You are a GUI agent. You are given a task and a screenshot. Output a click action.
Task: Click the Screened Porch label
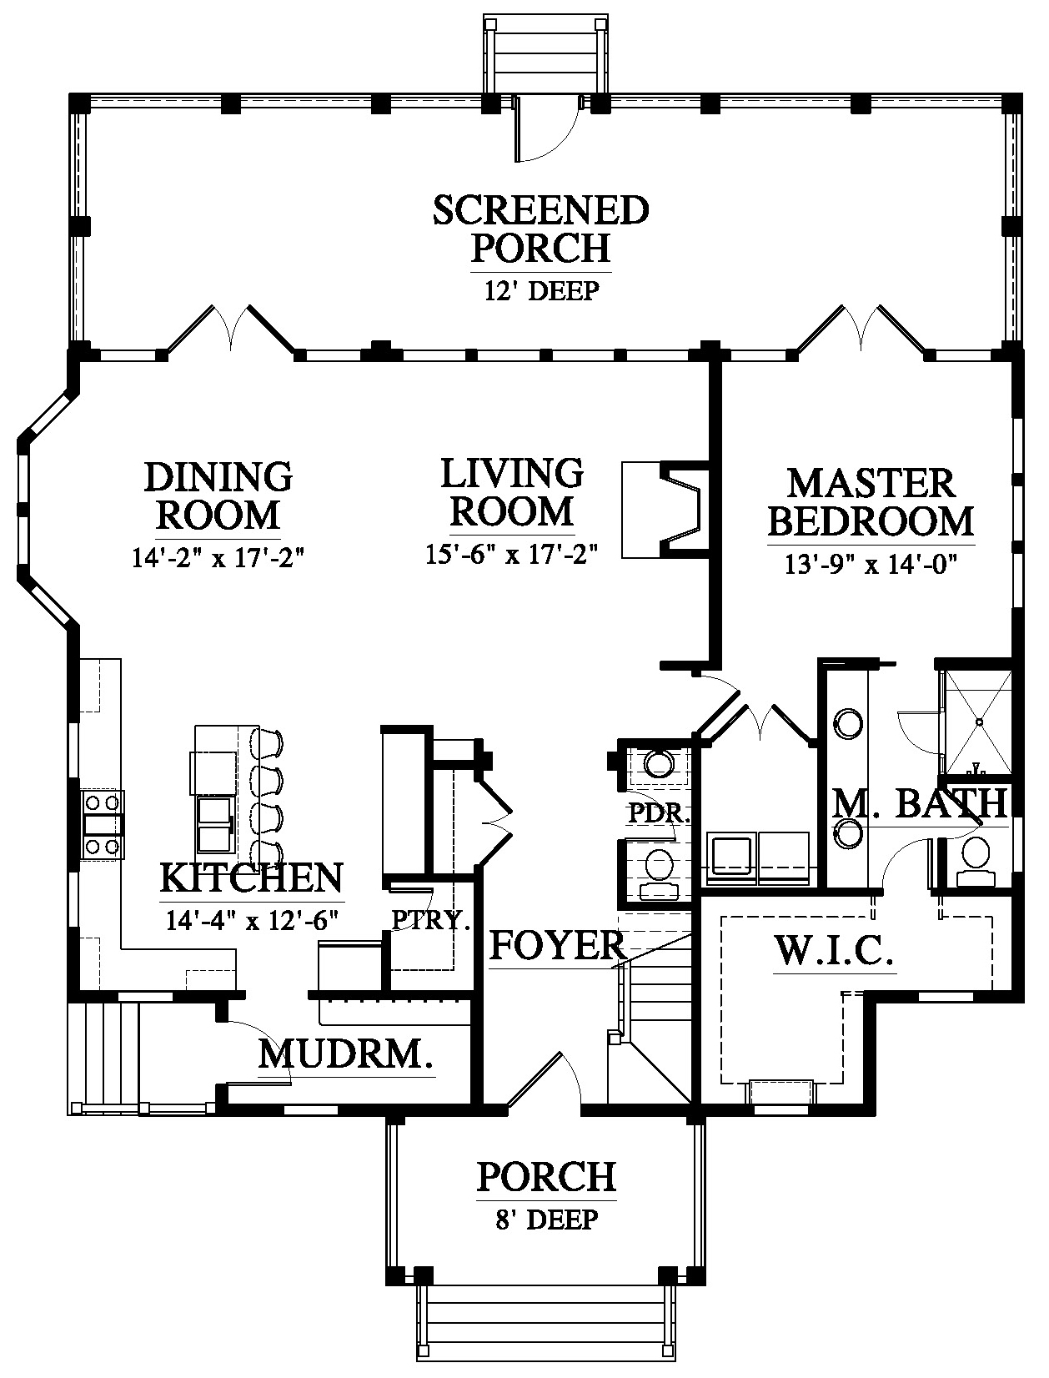point(541,229)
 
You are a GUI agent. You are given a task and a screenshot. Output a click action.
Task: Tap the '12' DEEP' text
point(541,290)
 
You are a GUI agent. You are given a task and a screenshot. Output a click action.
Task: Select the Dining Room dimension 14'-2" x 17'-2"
point(218,557)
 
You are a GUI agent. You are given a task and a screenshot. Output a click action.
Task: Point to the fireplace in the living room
point(666,510)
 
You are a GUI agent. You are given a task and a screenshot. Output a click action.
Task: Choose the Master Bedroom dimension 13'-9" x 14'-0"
point(871,565)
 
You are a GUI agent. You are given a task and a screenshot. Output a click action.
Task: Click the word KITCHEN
point(252,878)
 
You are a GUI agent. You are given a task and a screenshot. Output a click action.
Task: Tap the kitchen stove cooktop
point(103,824)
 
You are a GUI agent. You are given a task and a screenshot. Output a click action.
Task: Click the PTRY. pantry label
point(431,920)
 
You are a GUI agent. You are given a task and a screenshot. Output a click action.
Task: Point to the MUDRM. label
point(346,1054)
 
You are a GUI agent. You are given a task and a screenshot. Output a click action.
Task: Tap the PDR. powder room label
point(660,814)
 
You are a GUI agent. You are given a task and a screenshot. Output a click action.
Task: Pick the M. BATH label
point(919,802)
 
